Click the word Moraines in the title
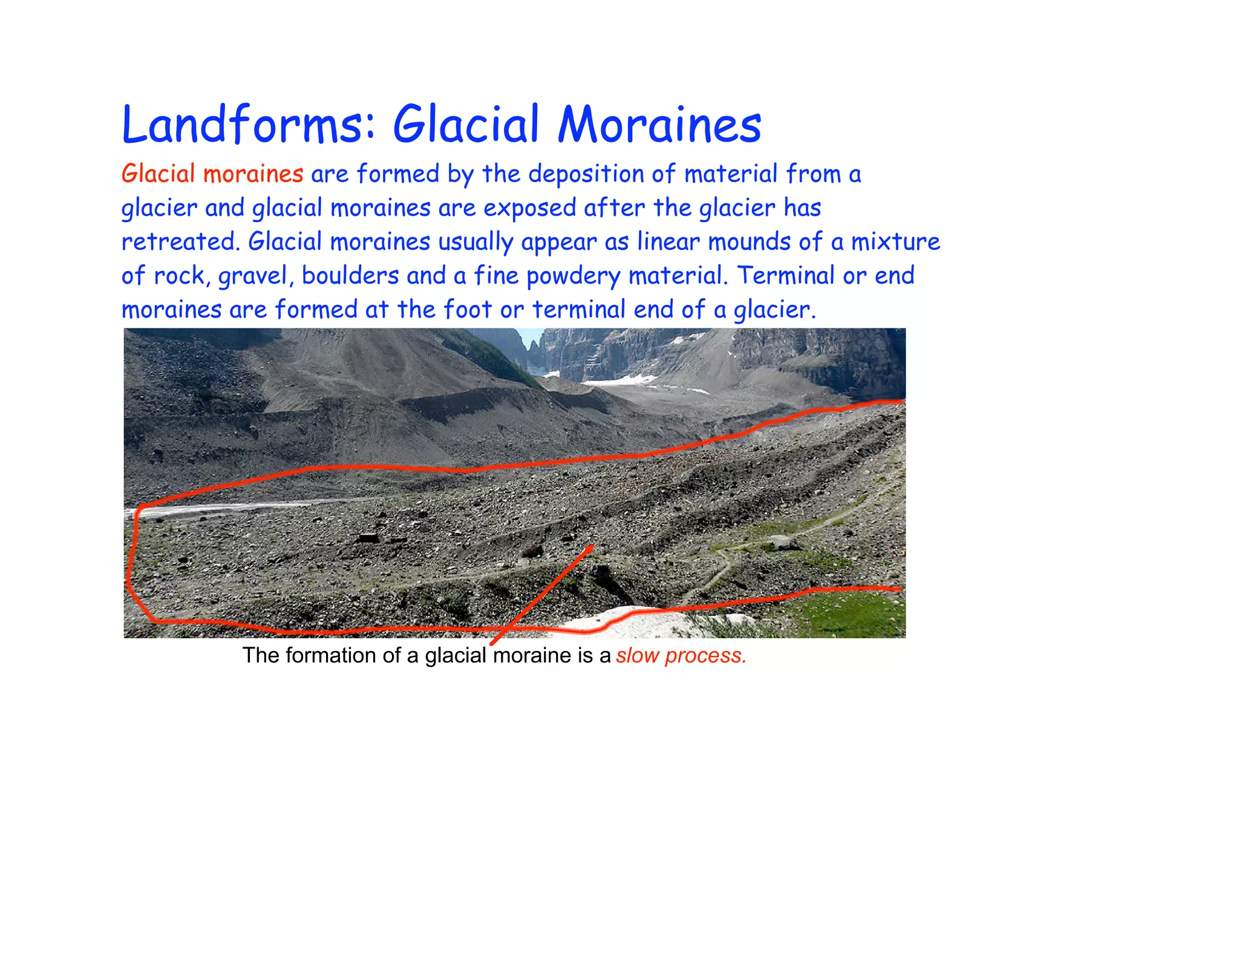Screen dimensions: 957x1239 pyautogui.click(x=659, y=125)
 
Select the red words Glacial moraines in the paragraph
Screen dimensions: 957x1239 pyautogui.click(x=212, y=174)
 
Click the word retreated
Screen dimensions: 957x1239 pyautogui.click(x=178, y=242)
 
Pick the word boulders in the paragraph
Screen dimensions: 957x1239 pyautogui.click(x=350, y=276)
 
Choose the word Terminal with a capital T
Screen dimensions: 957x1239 pyautogui.click(x=786, y=276)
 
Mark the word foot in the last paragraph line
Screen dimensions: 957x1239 pyautogui.click(x=468, y=310)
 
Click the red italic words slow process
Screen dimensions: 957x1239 pyautogui.click(x=681, y=656)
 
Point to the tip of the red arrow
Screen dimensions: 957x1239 pyautogui.click(x=592, y=546)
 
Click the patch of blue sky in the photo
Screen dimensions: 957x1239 pyautogui.click(x=532, y=336)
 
